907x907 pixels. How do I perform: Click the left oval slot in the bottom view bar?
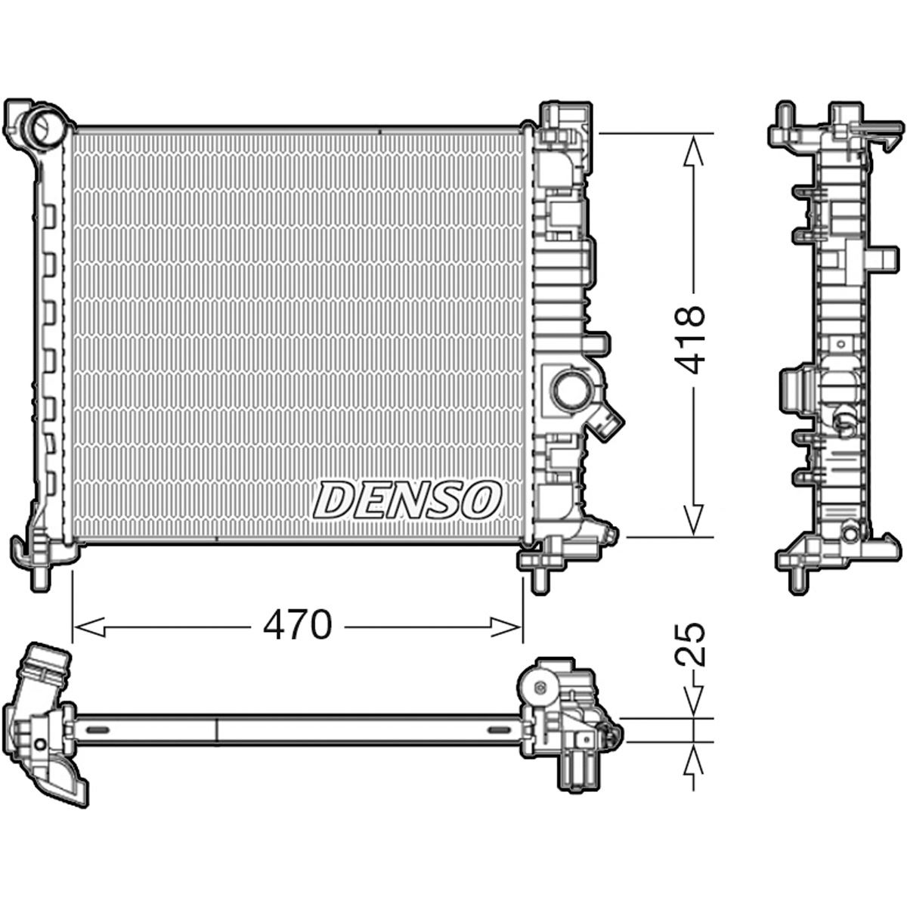coord(98,729)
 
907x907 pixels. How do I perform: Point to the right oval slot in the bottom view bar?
coord(499,729)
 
